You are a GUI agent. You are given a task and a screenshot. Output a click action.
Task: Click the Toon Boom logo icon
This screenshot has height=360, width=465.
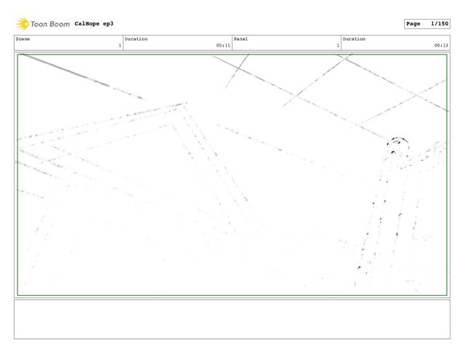(23, 24)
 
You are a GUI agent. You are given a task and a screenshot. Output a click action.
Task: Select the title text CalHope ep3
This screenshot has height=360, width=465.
(94, 24)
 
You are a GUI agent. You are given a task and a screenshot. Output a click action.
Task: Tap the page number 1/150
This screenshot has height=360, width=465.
(438, 24)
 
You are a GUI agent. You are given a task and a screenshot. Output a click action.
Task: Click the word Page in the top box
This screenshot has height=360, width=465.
(413, 24)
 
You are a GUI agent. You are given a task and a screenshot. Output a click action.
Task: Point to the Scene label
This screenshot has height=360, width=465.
(23, 39)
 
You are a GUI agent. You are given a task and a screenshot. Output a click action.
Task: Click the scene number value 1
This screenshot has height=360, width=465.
(119, 45)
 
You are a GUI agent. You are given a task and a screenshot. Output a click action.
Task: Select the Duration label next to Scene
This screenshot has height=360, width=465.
(136, 39)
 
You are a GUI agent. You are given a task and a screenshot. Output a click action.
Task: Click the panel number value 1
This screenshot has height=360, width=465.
(337, 45)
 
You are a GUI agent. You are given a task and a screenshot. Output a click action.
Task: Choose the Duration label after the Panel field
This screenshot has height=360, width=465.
(354, 39)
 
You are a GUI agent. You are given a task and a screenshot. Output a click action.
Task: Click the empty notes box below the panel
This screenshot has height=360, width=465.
(232, 319)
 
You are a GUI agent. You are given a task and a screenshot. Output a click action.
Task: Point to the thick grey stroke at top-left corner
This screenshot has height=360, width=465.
(65, 70)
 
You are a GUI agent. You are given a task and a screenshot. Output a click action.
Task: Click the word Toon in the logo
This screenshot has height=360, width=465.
(41, 24)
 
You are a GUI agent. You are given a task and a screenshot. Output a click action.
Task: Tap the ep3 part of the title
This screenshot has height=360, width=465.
(108, 24)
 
